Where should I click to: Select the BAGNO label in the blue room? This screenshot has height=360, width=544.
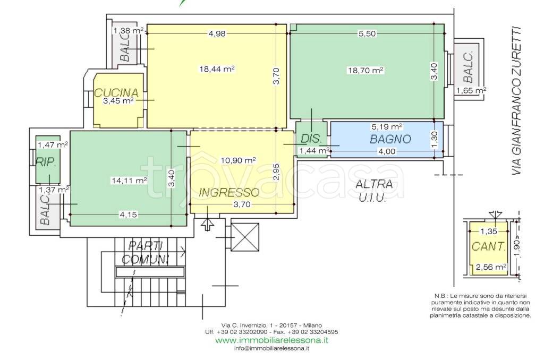tap(390, 139)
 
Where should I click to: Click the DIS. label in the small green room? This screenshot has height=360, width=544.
tap(310, 139)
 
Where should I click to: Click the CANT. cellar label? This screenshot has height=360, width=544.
tap(488, 246)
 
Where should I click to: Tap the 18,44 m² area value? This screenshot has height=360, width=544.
tap(218, 68)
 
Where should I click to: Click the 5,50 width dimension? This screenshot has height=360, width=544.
tap(367, 33)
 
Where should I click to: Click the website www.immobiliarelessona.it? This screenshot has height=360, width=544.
tap(271, 340)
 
